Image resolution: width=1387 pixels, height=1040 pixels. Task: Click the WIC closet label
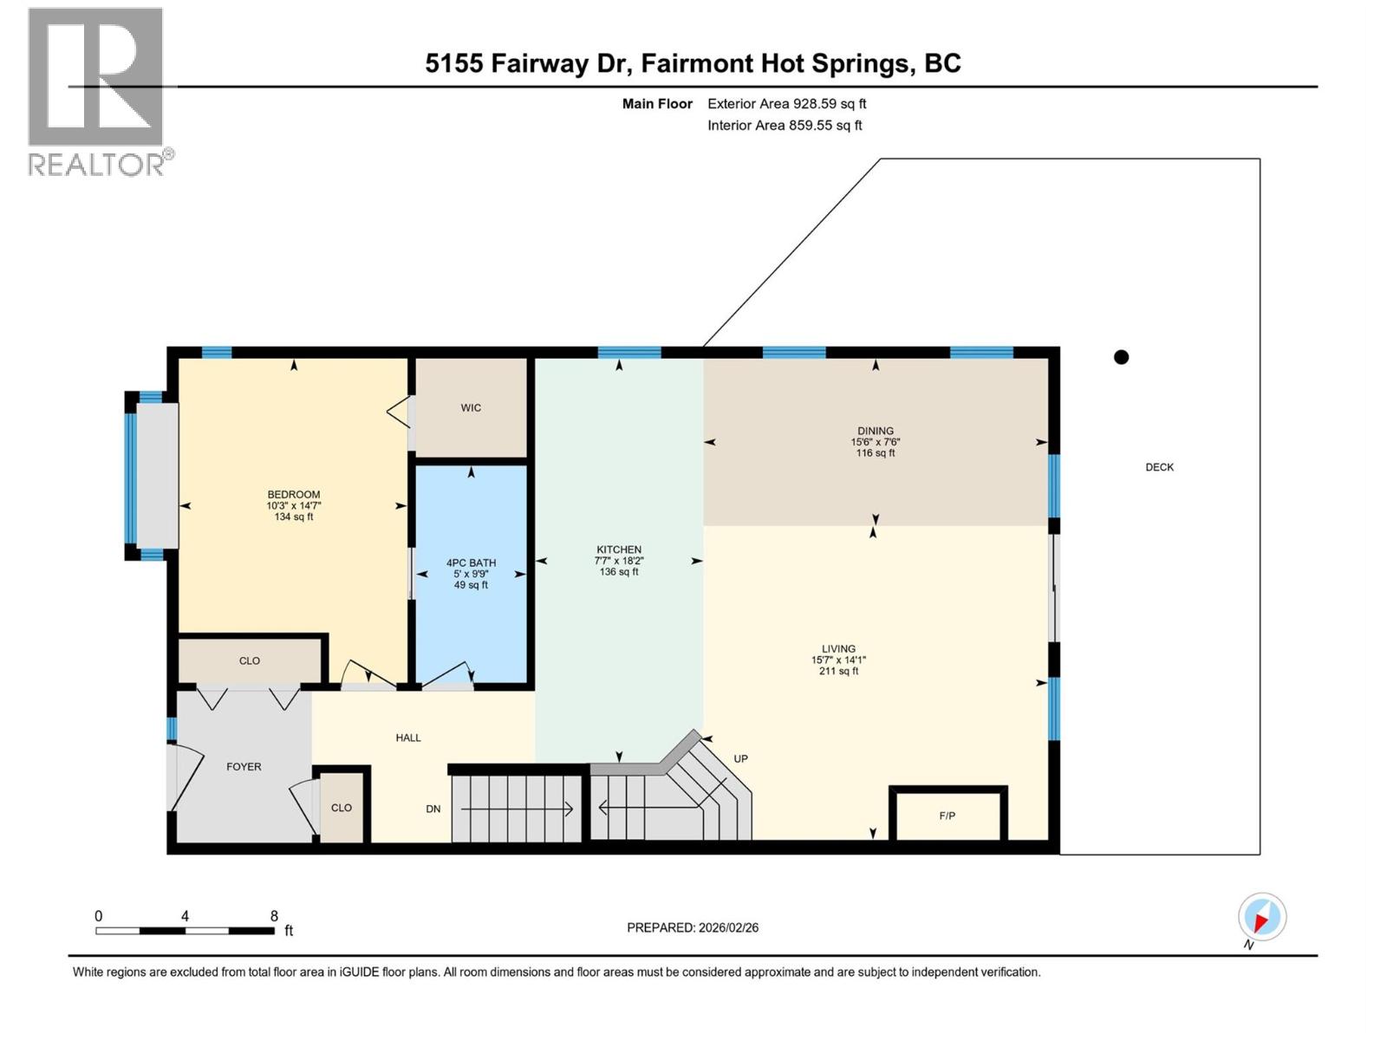tap(471, 407)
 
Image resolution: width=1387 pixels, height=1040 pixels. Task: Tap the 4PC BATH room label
tap(471, 562)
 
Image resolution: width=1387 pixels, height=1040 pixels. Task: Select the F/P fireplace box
tap(947, 816)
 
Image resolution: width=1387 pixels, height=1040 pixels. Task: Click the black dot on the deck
tap(1121, 357)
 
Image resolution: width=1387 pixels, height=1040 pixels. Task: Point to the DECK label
tap(1159, 467)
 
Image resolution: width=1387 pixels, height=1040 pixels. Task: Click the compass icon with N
tap(1262, 917)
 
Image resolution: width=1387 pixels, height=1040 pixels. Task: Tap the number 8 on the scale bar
tap(274, 916)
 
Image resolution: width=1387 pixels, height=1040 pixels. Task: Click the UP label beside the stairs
tap(740, 758)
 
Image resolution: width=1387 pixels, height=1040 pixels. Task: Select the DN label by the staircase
tap(433, 809)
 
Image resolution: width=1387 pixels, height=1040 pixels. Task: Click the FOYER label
tap(244, 766)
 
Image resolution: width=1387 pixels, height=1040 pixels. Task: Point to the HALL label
tap(408, 738)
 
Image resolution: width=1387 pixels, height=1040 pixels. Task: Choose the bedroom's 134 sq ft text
tap(294, 517)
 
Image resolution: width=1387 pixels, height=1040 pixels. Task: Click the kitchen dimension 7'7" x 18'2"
tap(619, 561)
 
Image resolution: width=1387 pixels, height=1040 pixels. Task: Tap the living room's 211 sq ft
tap(838, 671)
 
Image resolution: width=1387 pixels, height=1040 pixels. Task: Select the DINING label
tap(876, 431)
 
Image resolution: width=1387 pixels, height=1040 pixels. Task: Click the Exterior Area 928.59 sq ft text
tap(786, 104)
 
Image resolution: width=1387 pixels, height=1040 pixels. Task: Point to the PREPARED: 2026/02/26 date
tap(693, 927)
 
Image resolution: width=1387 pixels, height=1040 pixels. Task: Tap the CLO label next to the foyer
tap(342, 807)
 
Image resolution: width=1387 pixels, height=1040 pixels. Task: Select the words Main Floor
tap(657, 104)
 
